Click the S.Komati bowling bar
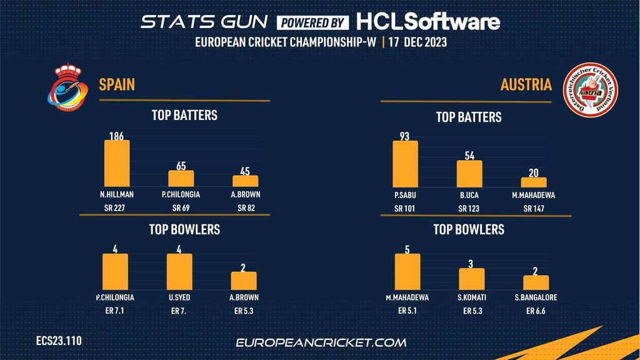[472, 279]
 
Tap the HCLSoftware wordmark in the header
[428, 22]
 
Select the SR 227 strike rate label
[117, 208]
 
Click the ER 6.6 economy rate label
[536, 311]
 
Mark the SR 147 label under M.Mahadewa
[534, 208]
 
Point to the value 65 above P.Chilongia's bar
[181, 166]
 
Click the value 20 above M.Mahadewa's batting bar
[534, 172]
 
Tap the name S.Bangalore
[536, 297]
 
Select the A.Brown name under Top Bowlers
[244, 297]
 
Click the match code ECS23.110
[59, 341]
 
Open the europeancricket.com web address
[321, 342]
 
